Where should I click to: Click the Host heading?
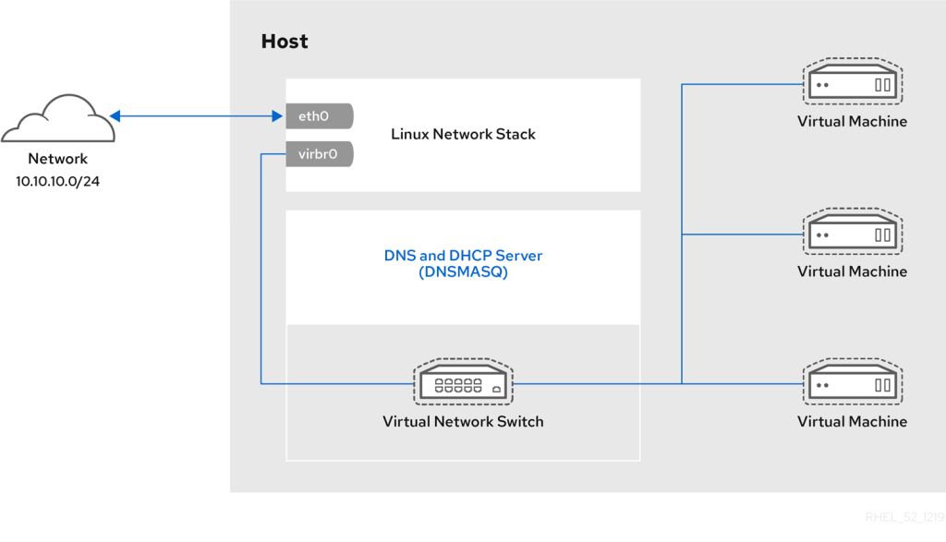coord(285,41)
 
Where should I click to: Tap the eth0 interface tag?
coord(319,115)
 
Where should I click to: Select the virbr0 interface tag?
coord(319,154)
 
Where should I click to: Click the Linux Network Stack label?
coord(463,134)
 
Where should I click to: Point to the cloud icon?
coord(58,119)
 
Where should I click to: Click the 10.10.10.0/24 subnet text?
coord(57,182)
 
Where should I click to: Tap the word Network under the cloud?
coord(58,159)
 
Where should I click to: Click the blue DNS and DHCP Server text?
coord(463,256)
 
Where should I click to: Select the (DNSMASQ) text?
coord(463,271)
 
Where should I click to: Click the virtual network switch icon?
coord(463,382)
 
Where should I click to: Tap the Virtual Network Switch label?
coord(463,421)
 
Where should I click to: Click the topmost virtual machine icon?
coord(853,81)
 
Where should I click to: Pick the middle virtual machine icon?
coord(853,232)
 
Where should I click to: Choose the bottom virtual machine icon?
coord(853,381)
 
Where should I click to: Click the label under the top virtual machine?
coord(852,121)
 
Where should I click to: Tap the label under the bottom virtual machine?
coord(852,421)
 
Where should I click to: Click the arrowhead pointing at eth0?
coord(277,115)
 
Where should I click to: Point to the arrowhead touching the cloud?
coord(115,115)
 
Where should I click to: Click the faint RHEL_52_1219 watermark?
coord(904,517)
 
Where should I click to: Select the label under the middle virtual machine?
coord(852,271)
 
